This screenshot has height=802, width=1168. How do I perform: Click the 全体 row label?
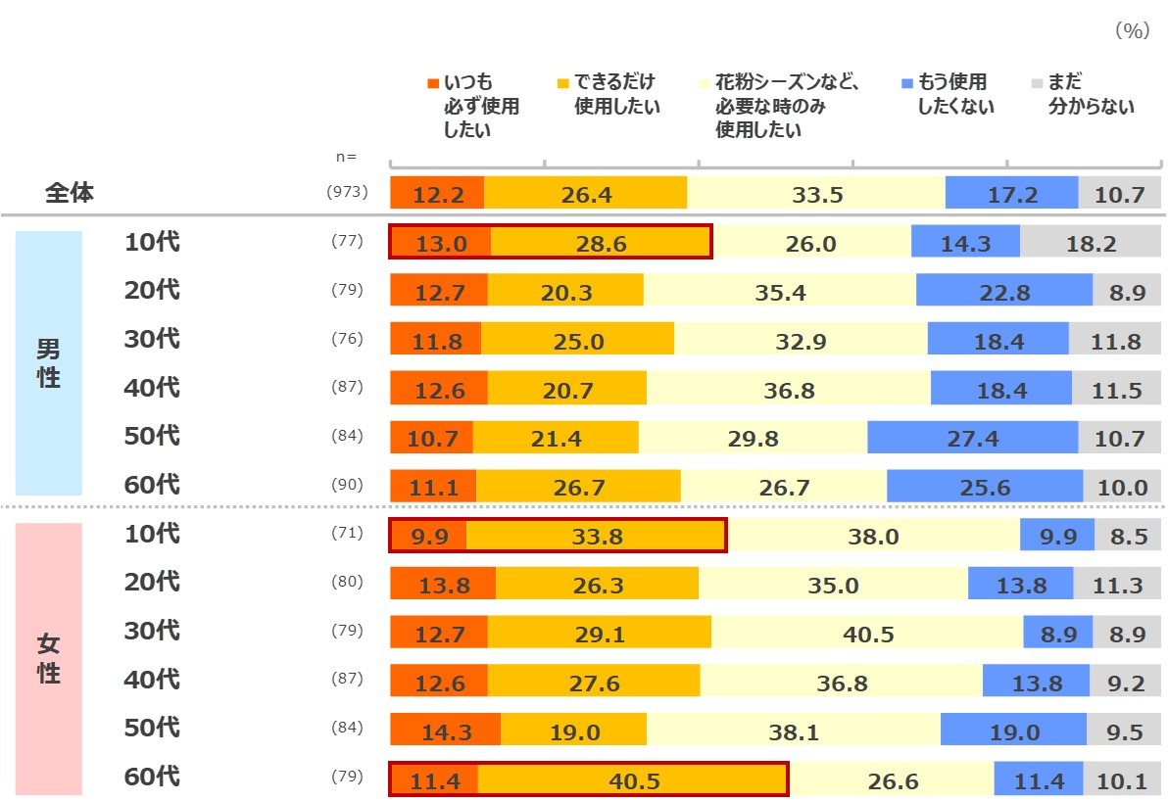tap(70, 193)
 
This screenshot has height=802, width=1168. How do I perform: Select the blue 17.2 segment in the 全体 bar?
tap(1011, 194)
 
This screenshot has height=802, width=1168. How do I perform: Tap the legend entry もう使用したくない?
tap(947, 94)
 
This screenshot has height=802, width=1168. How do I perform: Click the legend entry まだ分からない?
tap(1083, 94)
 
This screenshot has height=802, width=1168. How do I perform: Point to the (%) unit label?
tap(1131, 31)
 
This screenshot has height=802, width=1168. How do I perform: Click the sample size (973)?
tap(347, 193)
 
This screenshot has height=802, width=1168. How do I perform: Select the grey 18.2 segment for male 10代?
tap(1092, 244)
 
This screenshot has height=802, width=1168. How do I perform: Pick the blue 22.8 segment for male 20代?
tap(1003, 291)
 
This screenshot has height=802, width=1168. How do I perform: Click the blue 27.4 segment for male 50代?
tap(972, 438)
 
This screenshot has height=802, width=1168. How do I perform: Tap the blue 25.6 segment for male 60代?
tap(985, 487)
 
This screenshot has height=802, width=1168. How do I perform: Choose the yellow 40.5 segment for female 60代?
tap(633, 779)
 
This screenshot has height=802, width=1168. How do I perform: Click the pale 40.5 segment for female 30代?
tap(867, 634)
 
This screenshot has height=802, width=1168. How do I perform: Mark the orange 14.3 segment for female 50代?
tap(445, 731)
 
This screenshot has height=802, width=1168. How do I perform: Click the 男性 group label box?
tap(49, 363)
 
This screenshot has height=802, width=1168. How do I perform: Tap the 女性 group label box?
tap(49, 658)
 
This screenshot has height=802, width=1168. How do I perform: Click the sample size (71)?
tap(347, 534)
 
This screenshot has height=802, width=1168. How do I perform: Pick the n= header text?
tap(346, 157)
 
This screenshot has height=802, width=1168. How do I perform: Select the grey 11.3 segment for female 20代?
tap(1119, 585)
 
